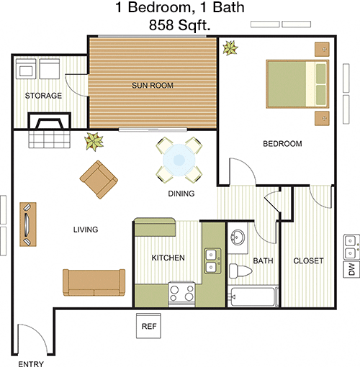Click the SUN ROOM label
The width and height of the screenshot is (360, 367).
[153, 86]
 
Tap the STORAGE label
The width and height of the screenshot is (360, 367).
[43, 96]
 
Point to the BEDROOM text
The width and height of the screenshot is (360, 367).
[282, 144]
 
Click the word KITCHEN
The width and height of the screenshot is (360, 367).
[168, 258]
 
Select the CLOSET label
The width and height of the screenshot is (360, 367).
[308, 260]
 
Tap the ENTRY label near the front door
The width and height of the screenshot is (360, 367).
[31, 363]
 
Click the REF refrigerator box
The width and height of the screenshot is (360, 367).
[149, 326]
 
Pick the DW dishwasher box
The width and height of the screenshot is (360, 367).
[351, 269]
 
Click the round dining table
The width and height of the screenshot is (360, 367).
[179, 160]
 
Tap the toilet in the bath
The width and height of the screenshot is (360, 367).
[240, 271]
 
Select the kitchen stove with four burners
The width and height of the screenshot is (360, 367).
[181, 294]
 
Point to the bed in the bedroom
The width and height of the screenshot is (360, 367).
[297, 84]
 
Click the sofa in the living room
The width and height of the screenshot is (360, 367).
[94, 282]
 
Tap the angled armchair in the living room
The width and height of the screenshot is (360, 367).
[99, 180]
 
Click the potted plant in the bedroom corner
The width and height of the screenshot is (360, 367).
[230, 48]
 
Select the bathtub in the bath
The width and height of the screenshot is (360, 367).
[253, 296]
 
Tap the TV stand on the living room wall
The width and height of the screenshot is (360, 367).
[28, 225]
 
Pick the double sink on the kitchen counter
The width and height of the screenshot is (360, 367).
[212, 260]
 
